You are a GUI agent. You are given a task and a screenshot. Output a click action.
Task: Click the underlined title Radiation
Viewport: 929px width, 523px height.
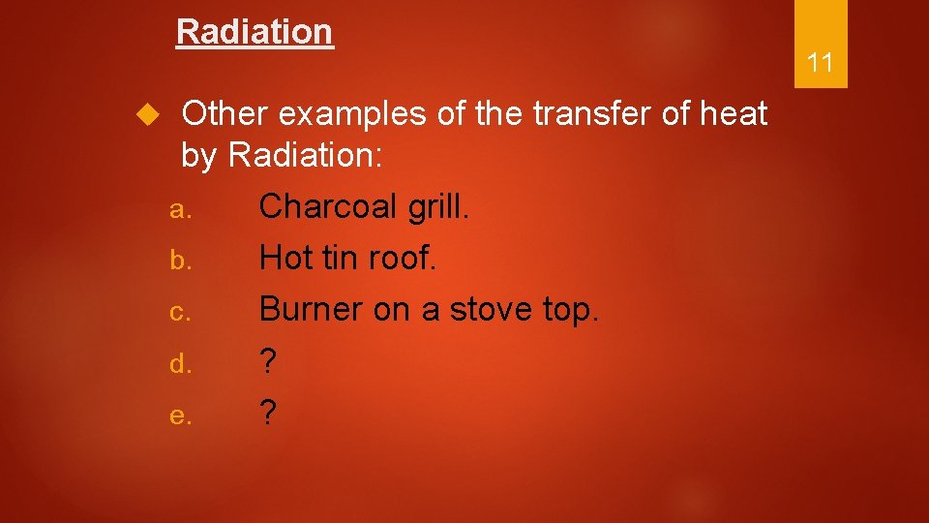(255, 32)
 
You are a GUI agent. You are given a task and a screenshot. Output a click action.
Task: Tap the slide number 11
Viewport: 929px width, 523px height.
(820, 64)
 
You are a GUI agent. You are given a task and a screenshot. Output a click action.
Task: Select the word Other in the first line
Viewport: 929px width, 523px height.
(225, 114)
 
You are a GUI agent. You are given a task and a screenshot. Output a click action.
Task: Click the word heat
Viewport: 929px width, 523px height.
(730, 114)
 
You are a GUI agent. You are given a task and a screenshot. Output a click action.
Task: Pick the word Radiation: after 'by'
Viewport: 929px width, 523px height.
(306, 156)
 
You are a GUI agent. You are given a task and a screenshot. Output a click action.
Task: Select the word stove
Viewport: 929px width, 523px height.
(493, 311)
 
